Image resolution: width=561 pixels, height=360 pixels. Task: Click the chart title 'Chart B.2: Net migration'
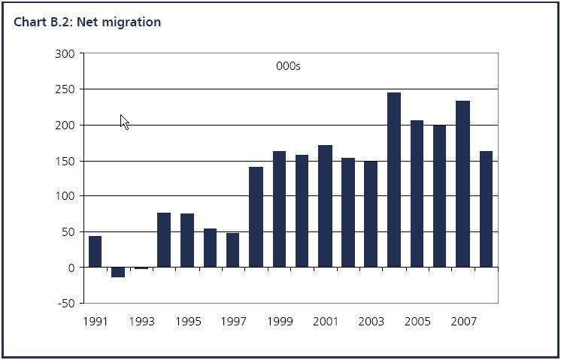coord(87,22)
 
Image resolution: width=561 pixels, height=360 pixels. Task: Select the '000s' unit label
coord(288,66)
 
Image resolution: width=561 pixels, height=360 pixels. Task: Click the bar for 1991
coord(95,252)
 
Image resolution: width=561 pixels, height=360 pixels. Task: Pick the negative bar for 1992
coord(118,272)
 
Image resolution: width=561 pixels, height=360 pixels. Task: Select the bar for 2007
coord(462,184)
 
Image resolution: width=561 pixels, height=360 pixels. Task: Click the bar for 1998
coord(256,217)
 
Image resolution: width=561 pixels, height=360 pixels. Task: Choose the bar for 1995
coord(187,241)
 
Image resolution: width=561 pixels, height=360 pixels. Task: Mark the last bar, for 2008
coord(486,210)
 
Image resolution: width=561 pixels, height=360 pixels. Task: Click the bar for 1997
coord(233,250)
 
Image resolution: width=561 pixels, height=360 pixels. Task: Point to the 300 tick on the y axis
coord(65,54)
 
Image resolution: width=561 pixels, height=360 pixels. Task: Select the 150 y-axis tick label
coord(65,161)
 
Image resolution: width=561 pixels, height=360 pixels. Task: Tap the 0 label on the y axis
coord(71,268)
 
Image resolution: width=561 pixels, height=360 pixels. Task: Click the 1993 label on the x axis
coord(141,322)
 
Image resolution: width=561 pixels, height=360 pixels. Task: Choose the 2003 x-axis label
coord(371,322)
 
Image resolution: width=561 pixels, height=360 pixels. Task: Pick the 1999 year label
coord(279,322)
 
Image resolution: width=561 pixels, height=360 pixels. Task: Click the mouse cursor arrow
coord(124,122)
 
